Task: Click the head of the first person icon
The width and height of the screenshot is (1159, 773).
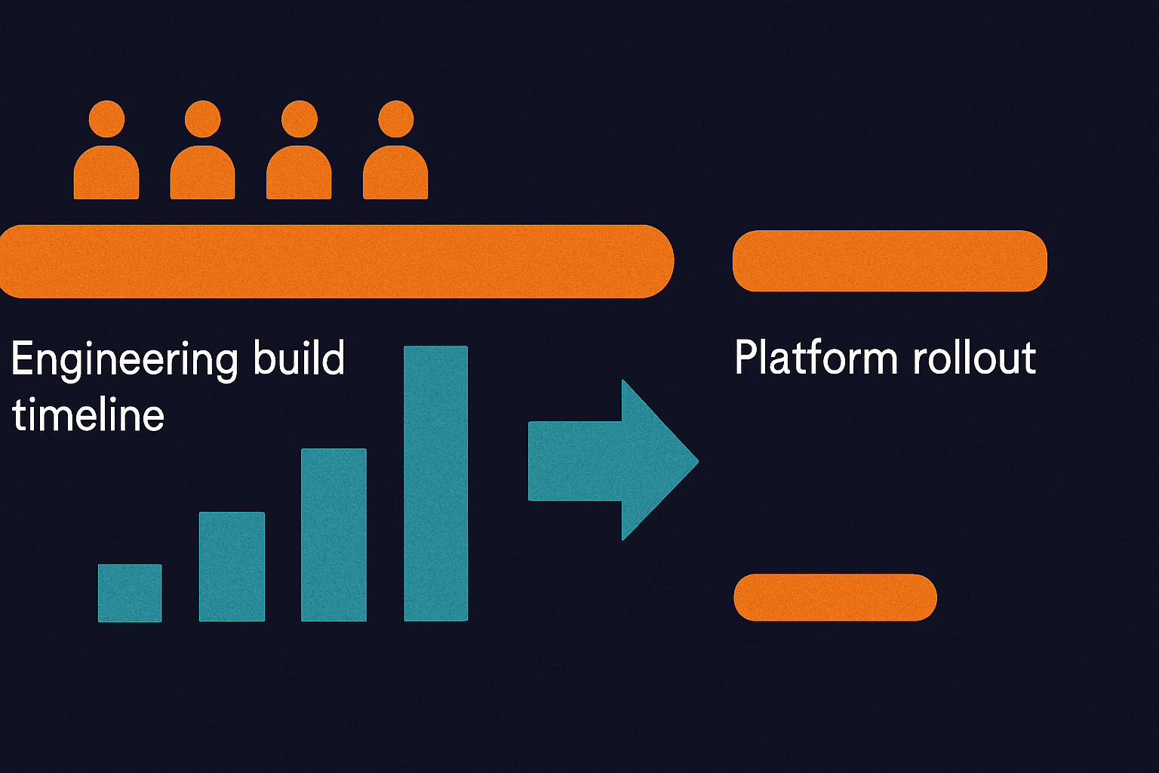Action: click(106, 119)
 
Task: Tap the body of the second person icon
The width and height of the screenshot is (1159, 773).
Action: click(202, 172)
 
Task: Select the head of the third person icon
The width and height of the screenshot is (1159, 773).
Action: click(299, 119)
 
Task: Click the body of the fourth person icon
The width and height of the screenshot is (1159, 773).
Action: click(395, 172)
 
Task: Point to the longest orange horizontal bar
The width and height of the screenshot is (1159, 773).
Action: click(337, 261)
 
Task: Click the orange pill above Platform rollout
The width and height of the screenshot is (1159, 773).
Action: click(890, 261)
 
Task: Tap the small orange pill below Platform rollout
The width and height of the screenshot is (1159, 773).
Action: click(835, 597)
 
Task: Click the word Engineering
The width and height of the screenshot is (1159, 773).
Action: click(125, 359)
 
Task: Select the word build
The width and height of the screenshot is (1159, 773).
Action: click(299, 357)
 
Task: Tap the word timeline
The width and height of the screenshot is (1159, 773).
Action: click(88, 414)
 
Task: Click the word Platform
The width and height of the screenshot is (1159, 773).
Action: click(816, 357)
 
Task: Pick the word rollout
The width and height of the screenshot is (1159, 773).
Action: click(974, 357)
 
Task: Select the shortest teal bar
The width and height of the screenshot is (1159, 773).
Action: click(130, 593)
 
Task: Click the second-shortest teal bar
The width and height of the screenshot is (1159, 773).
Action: click(232, 566)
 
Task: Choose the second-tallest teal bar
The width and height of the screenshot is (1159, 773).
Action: click(334, 535)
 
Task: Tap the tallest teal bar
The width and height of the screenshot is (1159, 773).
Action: click(435, 483)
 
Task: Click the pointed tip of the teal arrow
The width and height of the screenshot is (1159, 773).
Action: click(698, 460)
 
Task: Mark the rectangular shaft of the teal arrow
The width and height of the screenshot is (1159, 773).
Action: click(575, 461)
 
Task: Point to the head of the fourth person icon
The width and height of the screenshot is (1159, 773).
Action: click(396, 119)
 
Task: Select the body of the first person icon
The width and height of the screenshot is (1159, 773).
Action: click(106, 172)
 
